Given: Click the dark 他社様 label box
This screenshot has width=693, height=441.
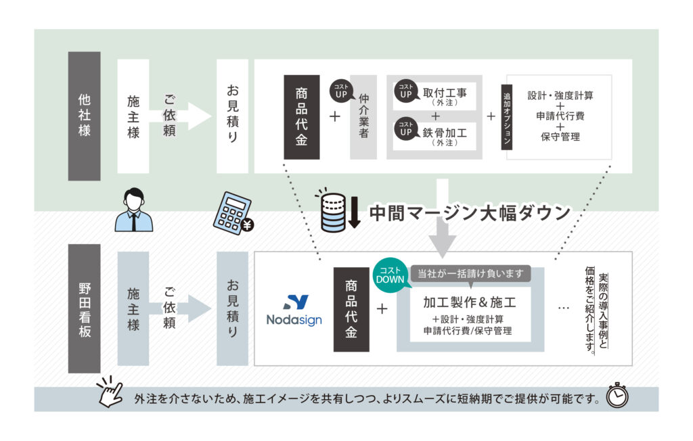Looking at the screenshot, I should pyautogui.click(x=85, y=116).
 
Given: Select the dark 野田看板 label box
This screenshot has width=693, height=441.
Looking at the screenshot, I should pyautogui.click(x=85, y=308).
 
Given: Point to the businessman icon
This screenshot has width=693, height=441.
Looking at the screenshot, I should pyautogui.click(x=133, y=210).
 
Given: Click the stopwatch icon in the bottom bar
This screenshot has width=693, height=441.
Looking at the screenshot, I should pyautogui.click(x=617, y=398).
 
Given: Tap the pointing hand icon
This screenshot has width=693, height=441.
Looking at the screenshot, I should pyautogui.click(x=109, y=392).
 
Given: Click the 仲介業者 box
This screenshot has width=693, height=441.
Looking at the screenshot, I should pyautogui.click(x=363, y=117).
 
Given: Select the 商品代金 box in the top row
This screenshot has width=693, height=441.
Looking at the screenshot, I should pyautogui.click(x=302, y=117).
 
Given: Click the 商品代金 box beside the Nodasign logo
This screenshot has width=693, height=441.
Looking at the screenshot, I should pyautogui.click(x=351, y=309).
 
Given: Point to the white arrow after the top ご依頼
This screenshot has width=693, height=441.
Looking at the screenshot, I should pyautogui.click(x=197, y=116).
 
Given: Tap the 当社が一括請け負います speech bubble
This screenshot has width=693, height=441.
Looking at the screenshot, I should pyautogui.click(x=470, y=273).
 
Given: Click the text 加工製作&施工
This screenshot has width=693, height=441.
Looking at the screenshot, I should pyautogui.click(x=470, y=302).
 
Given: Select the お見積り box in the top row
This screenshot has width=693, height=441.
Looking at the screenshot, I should pyautogui.click(x=232, y=116).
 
